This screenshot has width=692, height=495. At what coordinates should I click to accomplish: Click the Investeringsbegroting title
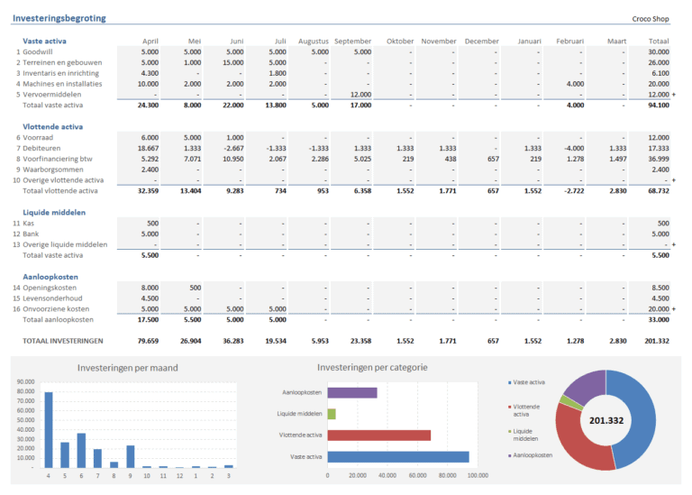[59, 18]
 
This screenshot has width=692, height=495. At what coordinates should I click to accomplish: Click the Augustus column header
[313, 41]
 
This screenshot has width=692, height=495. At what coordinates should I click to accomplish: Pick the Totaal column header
[658, 41]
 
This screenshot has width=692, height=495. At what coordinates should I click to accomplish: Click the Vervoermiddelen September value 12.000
[360, 95]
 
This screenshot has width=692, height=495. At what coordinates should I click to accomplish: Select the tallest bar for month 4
[49, 430]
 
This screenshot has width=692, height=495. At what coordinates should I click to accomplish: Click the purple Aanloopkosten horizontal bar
[352, 393]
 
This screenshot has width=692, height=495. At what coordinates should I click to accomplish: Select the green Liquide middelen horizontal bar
[332, 414]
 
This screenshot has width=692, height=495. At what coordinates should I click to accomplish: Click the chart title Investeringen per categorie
[372, 368]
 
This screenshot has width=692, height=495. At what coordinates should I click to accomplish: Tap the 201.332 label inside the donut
[605, 420]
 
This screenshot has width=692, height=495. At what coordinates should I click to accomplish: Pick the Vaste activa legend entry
[532, 382]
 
